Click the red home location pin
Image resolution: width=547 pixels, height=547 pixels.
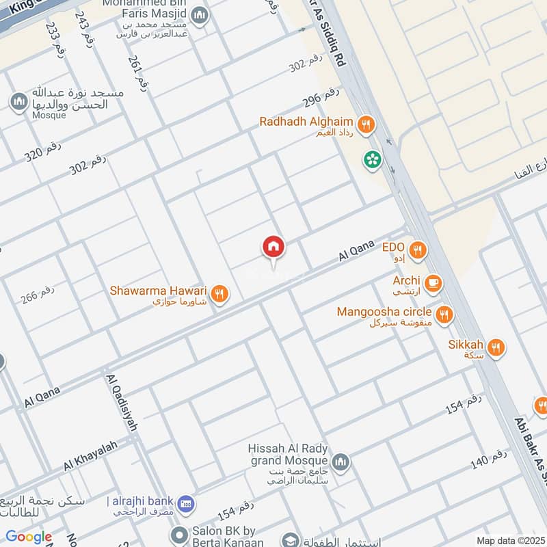tap(273, 248)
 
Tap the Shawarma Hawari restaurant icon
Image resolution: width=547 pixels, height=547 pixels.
tap(219, 294)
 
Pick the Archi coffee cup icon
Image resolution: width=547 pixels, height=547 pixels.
tap(433, 282)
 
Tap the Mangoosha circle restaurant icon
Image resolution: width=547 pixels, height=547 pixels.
tap(444, 314)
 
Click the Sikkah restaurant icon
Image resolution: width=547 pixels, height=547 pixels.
tap(496, 347)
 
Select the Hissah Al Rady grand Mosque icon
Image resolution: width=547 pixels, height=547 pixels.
tap(341, 462)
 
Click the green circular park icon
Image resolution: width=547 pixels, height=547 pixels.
tap(373, 160)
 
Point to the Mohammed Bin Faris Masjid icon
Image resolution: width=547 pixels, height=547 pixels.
tap(199, 15)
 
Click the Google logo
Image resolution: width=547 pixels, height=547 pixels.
tap(29, 537)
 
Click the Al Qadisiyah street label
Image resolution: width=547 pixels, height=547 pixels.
tap(121, 402)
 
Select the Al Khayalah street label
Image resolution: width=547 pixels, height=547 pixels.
tap(91, 455)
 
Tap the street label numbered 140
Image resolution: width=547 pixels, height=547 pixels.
tap(488, 461)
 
